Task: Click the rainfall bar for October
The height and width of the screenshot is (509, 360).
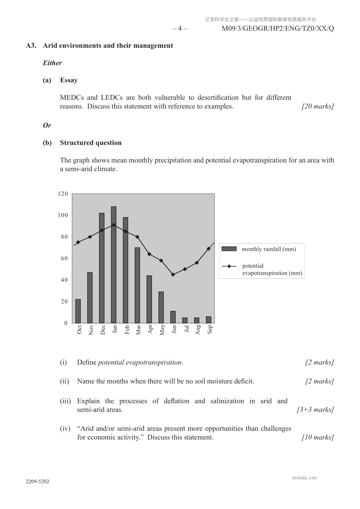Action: [78, 311]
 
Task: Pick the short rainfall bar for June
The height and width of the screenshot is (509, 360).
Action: [173, 317]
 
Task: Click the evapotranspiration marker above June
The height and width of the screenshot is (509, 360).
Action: [173, 274]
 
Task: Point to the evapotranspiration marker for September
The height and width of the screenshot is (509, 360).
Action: [209, 248]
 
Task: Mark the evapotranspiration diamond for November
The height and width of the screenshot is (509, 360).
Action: [90, 237]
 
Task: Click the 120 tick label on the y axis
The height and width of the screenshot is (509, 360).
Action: [63, 194]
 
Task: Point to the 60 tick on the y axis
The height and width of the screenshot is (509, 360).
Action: [64, 258]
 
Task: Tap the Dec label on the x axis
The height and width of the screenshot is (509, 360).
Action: [103, 329]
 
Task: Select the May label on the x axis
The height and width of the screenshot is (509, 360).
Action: [162, 330]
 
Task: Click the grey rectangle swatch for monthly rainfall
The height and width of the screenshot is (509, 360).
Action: [229, 249]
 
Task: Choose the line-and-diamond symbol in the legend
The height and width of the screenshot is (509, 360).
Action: [229, 266]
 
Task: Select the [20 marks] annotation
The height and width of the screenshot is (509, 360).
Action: [318, 106]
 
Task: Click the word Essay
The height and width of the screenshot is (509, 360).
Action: [69, 80]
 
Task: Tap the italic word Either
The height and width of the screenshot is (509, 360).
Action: [52, 63]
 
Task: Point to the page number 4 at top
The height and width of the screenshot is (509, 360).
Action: [180, 29]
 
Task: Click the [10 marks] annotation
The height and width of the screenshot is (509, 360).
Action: [318, 437]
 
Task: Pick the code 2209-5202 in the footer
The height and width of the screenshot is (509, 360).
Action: [37, 482]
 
